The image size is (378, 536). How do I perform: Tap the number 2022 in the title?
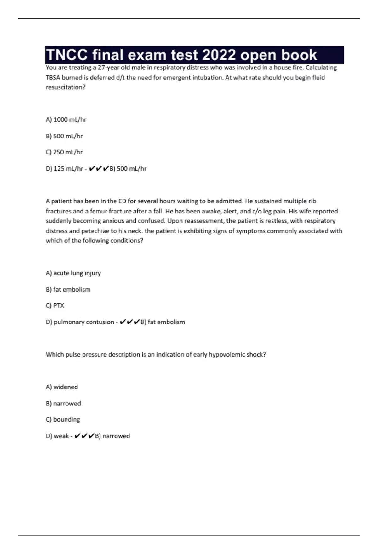219,55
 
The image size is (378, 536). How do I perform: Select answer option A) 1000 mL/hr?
66,119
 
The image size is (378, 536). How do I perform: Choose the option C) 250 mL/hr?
64,152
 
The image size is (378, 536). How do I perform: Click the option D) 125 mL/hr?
64,169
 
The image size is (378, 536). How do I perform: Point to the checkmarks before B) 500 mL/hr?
99,169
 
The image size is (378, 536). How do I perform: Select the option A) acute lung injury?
73,273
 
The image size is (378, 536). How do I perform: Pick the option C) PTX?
55,306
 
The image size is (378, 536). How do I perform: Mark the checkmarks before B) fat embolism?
129,322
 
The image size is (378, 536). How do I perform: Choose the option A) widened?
62,387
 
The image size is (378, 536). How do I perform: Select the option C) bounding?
63,419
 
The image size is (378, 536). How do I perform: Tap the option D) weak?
57,436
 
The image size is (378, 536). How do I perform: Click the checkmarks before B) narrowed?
84,436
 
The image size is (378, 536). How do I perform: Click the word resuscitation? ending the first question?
66,87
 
